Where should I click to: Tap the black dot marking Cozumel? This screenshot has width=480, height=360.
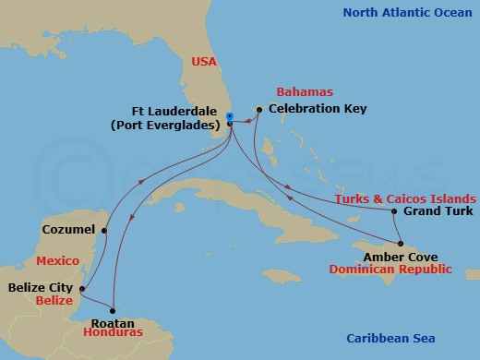click(x=104, y=231)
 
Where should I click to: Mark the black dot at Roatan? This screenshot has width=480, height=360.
click(x=113, y=310)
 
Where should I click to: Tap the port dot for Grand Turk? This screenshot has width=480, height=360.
click(x=394, y=211)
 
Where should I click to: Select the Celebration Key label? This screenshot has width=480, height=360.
click(x=317, y=109)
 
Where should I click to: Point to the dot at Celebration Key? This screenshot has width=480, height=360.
click(x=259, y=109)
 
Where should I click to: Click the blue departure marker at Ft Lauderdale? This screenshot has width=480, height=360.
click(x=230, y=116)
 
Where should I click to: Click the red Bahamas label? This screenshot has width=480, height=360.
click(x=306, y=92)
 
